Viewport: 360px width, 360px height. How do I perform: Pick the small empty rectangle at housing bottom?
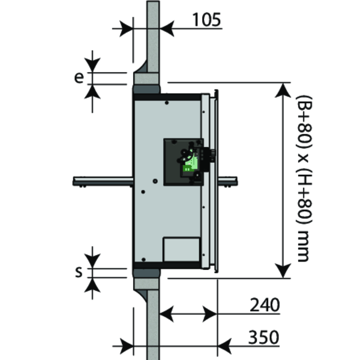(181, 249)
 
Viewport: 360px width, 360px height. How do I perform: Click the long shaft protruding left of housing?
(102, 179)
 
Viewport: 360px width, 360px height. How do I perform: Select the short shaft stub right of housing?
(228, 179)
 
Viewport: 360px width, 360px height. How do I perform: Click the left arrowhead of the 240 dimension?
(167, 313)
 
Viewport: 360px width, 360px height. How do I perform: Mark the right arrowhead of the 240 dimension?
(209, 313)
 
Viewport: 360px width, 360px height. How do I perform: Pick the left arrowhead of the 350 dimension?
(125, 346)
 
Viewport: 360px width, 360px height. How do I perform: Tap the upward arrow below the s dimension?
(92, 286)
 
